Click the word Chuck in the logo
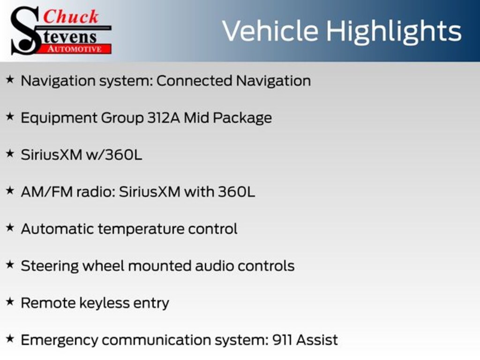71,17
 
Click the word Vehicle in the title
270,31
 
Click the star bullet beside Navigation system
10,80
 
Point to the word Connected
194,81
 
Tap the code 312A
164,118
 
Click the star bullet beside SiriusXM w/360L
10,154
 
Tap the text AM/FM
46,192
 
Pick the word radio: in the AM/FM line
96,192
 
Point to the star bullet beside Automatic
10,228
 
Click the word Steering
50,266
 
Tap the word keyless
105,303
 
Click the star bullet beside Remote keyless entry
10,302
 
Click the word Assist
317,340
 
